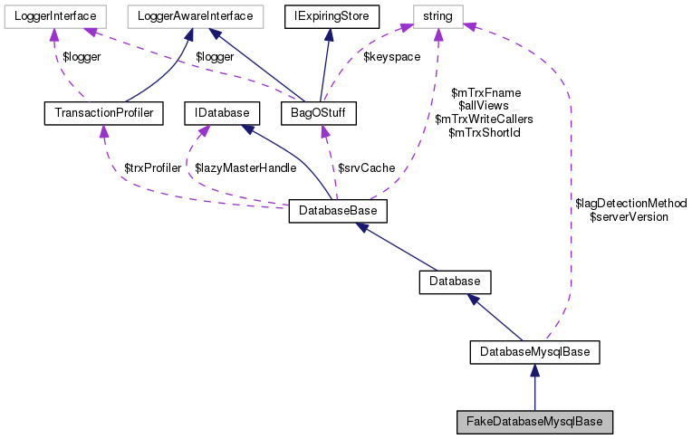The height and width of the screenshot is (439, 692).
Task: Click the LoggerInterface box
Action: click(55, 15)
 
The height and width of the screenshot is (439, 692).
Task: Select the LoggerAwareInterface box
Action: click(195, 15)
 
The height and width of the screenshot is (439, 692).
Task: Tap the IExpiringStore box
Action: click(332, 15)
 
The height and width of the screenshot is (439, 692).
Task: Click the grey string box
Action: click(438, 15)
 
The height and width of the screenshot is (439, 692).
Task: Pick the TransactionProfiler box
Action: click(103, 113)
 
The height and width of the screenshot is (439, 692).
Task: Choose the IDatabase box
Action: click(222, 113)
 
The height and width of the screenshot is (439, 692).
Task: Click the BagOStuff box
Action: click(319, 113)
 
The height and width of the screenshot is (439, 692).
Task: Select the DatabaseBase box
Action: click(338, 212)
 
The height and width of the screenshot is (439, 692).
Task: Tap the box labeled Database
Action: click(455, 282)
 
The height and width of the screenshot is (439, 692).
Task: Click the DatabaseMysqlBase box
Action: click(535, 351)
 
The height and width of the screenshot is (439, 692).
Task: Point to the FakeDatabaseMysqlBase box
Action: click(534, 421)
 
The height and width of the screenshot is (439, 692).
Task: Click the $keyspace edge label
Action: click(390, 57)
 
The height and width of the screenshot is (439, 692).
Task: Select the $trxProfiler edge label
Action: click(152, 168)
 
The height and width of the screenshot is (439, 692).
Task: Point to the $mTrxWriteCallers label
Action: click(484, 119)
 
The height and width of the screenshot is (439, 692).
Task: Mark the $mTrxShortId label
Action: click(484, 132)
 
